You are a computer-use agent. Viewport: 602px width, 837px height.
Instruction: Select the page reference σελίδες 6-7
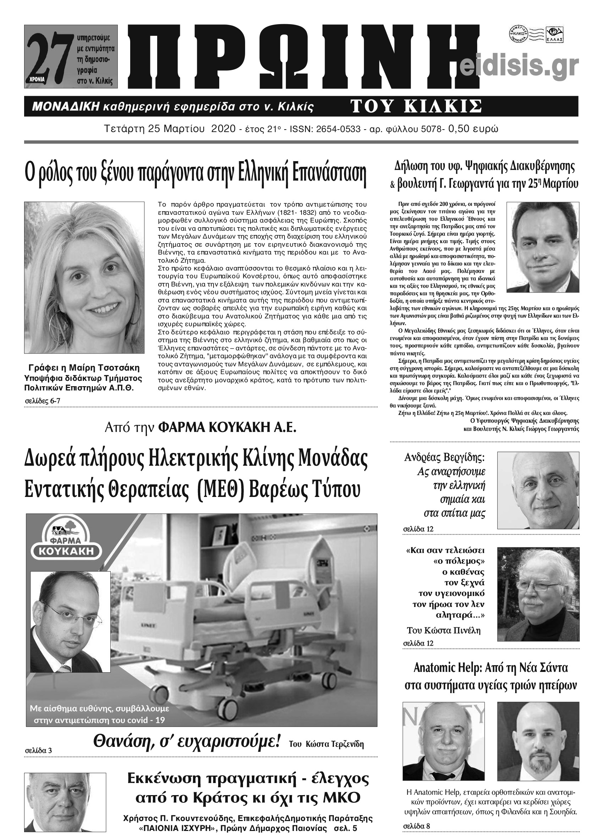click(x=43, y=401)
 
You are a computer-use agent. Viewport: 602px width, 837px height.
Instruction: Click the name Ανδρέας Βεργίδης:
click(x=444, y=458)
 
